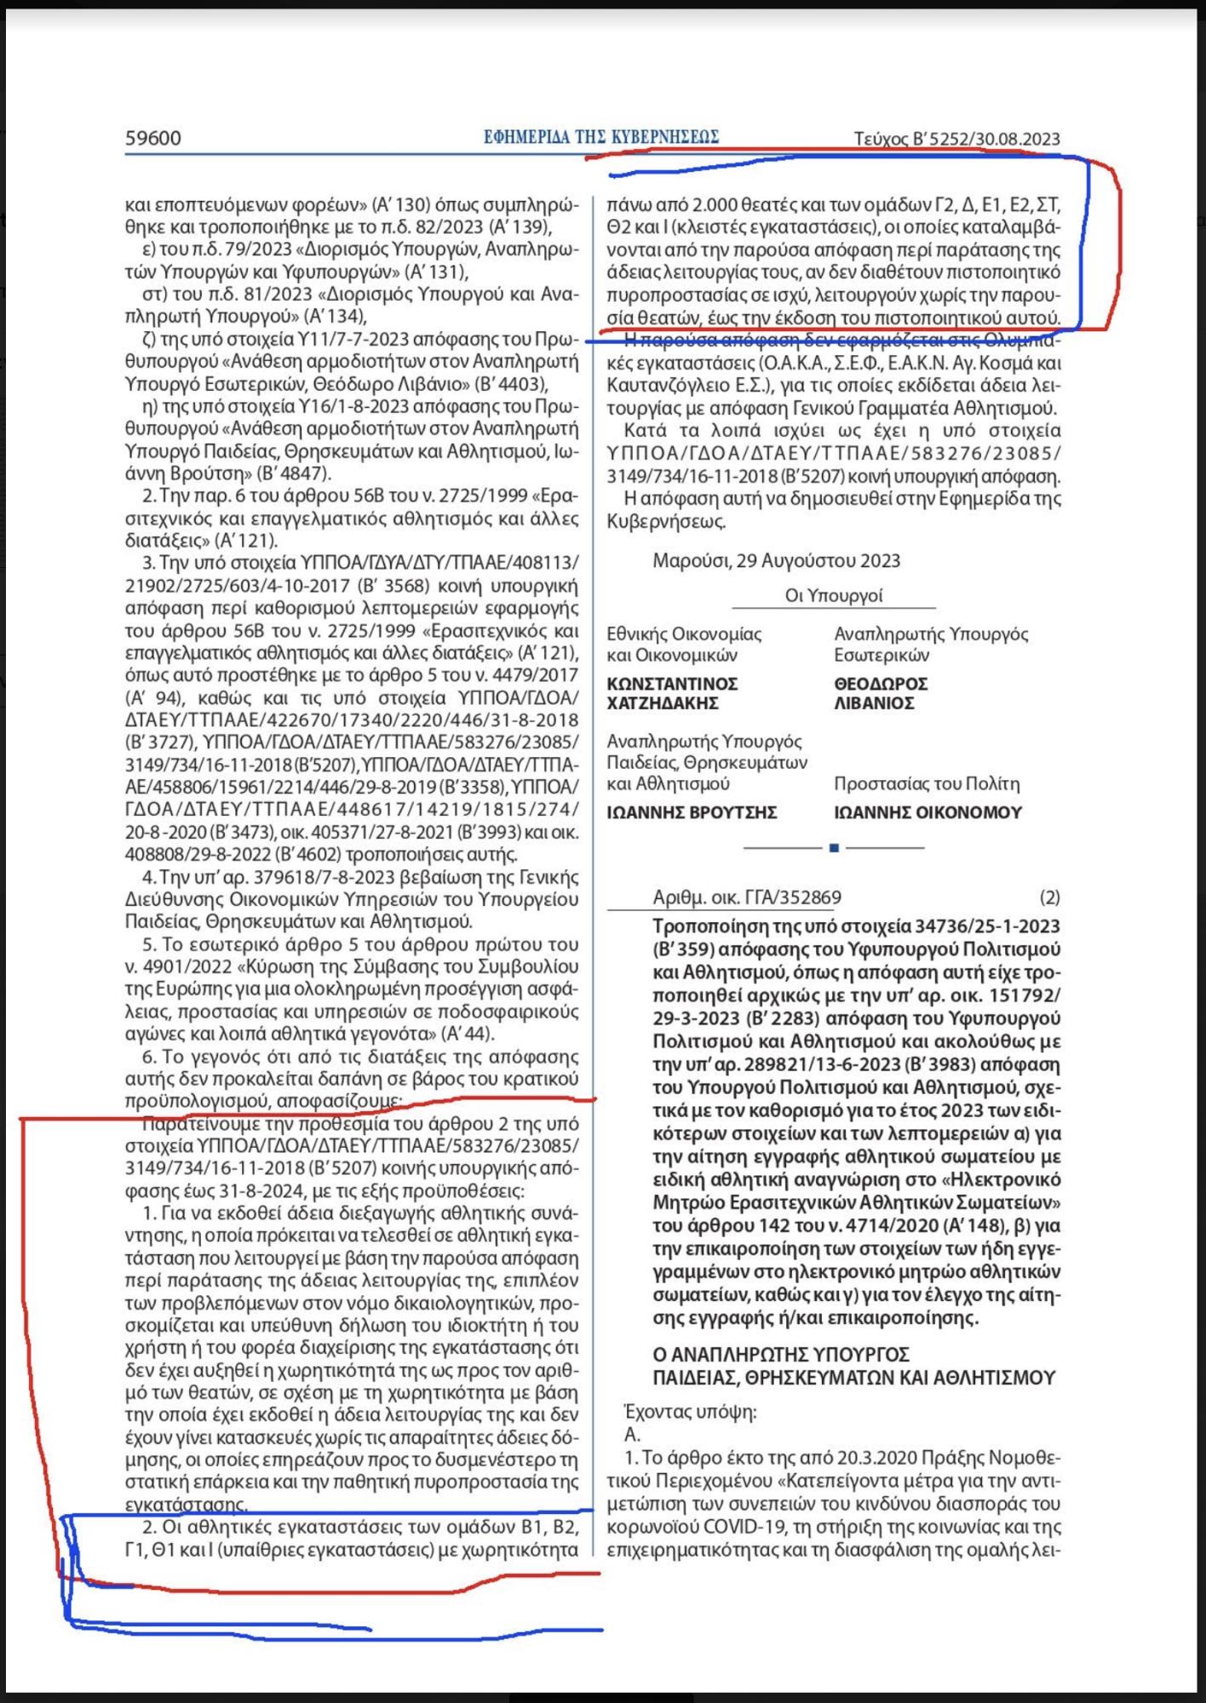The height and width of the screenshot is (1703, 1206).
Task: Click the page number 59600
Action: (153, 138)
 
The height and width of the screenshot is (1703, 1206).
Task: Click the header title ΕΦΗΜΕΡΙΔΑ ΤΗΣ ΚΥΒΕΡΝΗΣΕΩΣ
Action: (601, 137)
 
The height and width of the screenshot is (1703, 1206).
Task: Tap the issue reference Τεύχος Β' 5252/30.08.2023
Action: (956, 139)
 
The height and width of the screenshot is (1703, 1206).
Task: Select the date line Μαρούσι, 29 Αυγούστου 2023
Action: (776, 560)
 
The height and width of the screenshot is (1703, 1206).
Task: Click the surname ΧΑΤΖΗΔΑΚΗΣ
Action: (663, 703)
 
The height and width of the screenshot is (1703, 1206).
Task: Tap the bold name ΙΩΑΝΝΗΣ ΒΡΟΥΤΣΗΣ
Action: (692, 812)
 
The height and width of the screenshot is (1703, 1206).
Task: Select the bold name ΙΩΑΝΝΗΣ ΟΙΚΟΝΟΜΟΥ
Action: (927, 812)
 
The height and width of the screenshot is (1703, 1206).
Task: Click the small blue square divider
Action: (834, 848)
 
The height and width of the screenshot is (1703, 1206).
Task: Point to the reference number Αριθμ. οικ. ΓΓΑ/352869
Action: (747, 897)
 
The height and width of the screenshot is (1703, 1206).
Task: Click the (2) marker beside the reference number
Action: (1049, 897)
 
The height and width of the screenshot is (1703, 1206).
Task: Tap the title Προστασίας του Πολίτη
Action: (927, 783)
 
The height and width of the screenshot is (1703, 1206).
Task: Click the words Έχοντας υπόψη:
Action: (690, 1412)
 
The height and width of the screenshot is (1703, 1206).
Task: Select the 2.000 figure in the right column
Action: (720, 205)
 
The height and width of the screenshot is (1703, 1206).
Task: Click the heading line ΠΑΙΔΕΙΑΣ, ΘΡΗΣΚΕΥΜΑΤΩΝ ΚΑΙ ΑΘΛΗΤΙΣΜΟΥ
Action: (853, 1378)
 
